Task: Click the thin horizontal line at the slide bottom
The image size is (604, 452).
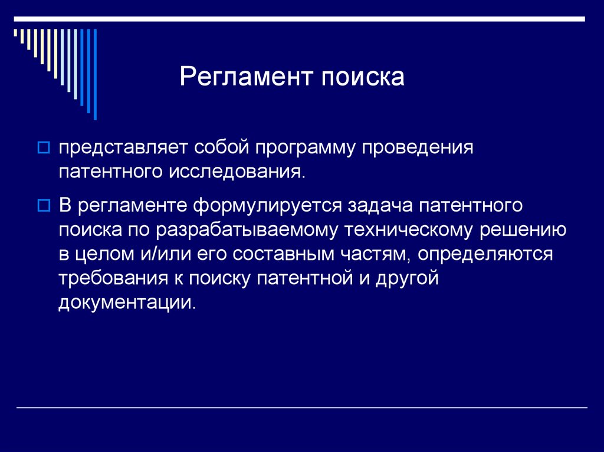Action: pyautogui.click(x=302, y=408)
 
